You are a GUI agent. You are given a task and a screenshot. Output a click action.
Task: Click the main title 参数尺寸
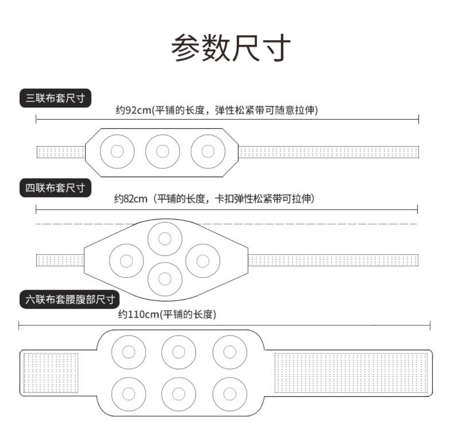[x=231, y=48]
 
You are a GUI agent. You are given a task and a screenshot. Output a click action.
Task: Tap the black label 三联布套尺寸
[x=55, y=98]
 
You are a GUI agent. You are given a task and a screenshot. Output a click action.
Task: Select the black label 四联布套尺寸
[x=55, y=188]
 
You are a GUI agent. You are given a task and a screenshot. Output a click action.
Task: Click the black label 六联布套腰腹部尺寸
[x=70, y=300]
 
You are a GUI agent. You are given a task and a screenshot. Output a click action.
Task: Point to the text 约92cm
[x=133, y=110]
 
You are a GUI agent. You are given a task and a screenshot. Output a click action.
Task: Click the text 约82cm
[x=131, y=199]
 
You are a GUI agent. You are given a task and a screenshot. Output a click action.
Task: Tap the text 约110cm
[x=139, y=314]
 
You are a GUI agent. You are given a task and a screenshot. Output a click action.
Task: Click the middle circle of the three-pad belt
[x=163, y=151]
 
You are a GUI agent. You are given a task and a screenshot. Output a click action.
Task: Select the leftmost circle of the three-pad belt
[x=117, y=151]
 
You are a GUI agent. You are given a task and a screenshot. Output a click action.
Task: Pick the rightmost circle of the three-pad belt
[x=208, y=151]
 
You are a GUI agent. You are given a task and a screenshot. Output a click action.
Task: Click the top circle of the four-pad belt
[x=165, y=238]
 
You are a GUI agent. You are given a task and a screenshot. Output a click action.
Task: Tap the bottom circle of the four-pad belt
[x=165, y=279]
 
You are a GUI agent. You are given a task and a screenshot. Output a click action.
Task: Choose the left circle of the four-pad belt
[x=127, y=261]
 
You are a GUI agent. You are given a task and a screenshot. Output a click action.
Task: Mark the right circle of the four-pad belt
[x=203, y=261]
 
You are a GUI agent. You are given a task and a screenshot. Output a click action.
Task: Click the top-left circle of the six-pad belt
[x=129, y=352]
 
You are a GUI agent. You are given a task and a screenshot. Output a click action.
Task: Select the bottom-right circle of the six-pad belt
[x=230, y=394]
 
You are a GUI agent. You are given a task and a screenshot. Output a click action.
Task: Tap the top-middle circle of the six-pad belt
[x=179, y=352]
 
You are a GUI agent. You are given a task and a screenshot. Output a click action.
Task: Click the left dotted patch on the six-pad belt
[x=51, y=373]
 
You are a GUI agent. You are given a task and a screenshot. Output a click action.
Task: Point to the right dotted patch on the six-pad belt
[x=351, y=373]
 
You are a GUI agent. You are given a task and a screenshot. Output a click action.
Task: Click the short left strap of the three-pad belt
[x=61, y=152]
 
